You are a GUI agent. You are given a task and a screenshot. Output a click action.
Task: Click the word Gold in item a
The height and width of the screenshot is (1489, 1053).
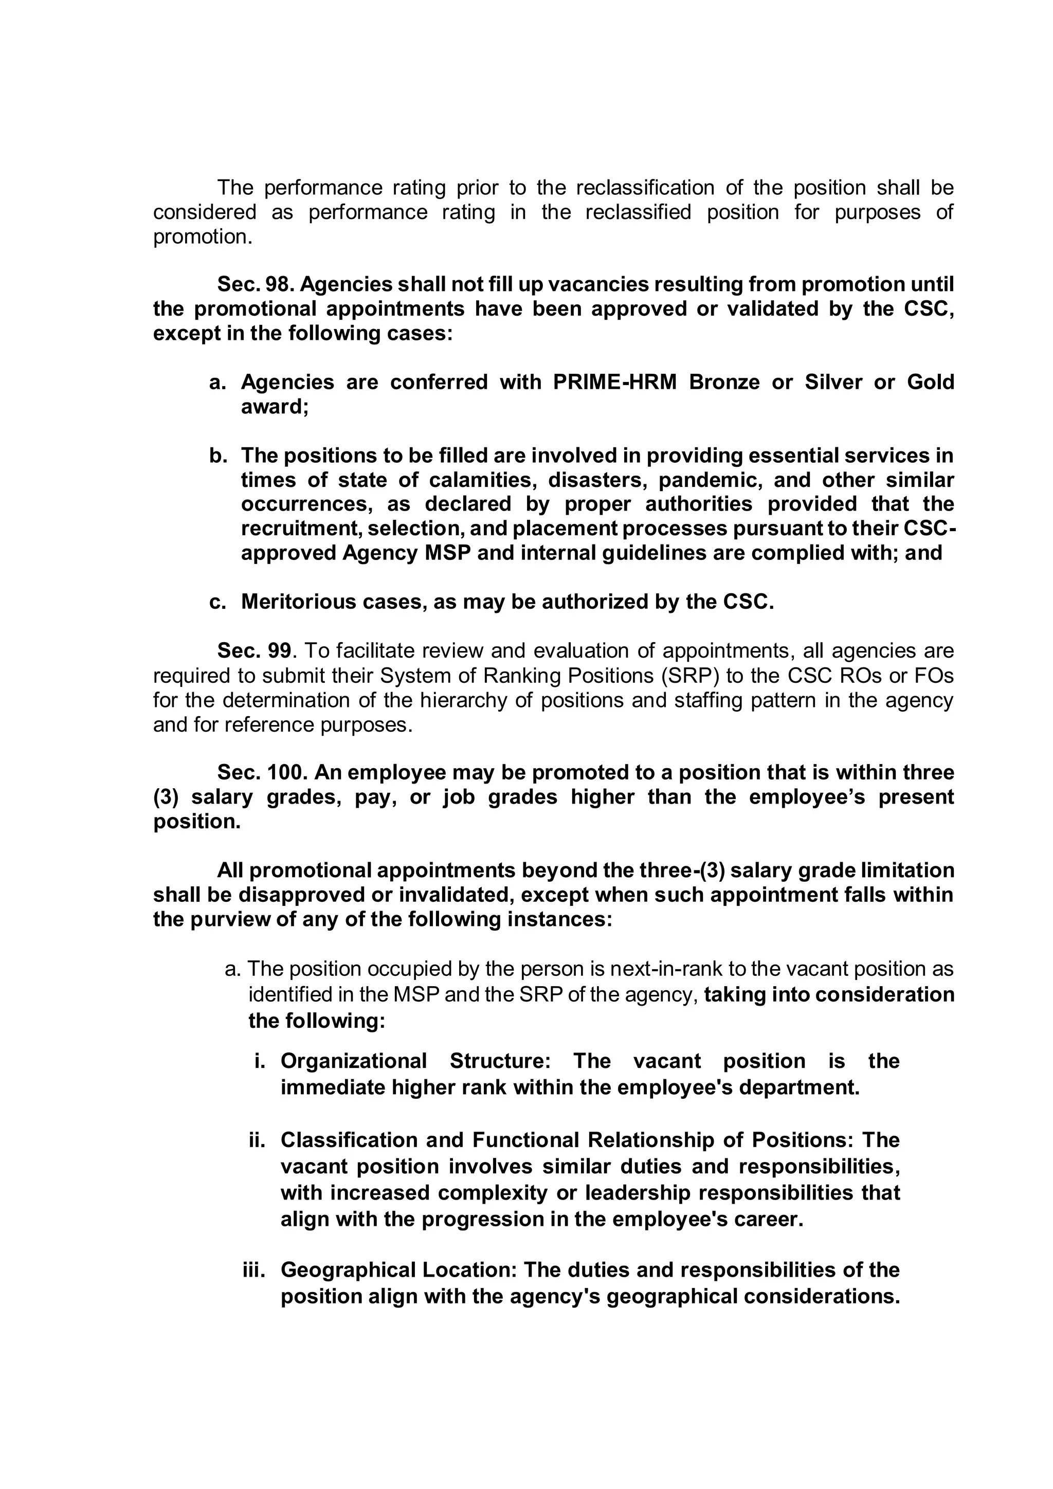pos(931,382)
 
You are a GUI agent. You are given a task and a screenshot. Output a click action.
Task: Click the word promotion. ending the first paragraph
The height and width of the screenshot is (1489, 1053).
pos(202,237)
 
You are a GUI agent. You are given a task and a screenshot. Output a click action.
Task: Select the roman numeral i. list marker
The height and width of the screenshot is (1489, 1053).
pos(260,1061)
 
